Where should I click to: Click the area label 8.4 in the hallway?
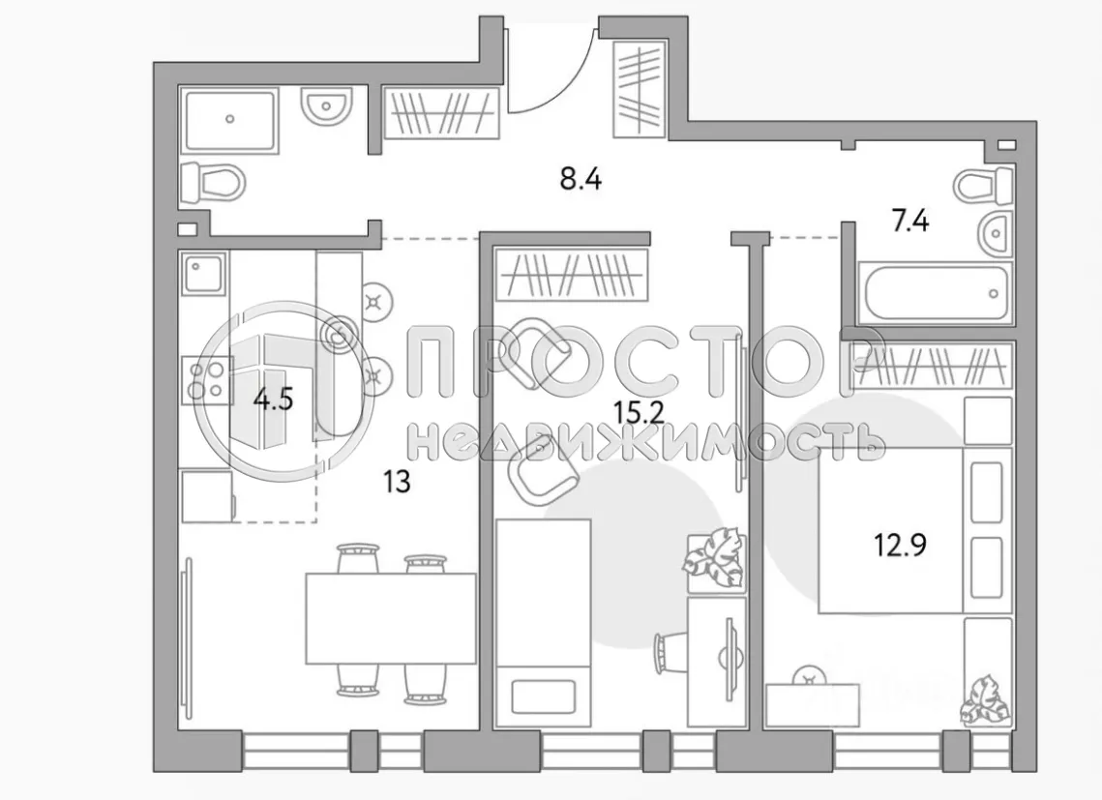click(581, 179)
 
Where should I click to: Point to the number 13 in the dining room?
click(397, 481)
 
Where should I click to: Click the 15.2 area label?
click(639, 414)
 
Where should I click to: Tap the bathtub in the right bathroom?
click(935, 292)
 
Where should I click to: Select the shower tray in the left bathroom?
click(229, 119)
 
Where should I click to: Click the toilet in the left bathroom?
click(216, 181)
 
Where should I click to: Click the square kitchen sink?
click(203, 276)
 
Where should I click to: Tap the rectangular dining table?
click(391, 618)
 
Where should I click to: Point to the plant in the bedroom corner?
click(984, 699)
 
